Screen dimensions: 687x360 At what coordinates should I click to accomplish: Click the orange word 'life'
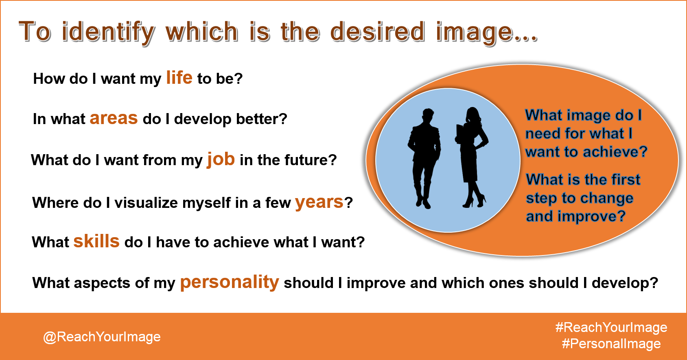click(x=179, y=77)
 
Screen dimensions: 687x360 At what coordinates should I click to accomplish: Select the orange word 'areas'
click(x=114, y=118)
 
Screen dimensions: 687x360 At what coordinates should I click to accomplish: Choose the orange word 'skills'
click(x=96, y=241)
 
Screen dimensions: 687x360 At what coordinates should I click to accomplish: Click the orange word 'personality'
click(x=230, y=282)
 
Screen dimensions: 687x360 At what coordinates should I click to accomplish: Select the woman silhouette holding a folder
click(x=472, y=157)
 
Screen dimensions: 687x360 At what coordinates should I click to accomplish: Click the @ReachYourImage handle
click(x=102, y=337)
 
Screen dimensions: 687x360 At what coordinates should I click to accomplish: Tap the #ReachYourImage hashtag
click(x=611, y=327)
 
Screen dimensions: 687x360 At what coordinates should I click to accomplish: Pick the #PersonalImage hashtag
click(x=611, y=343)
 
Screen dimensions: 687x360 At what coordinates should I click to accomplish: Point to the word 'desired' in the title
click(x=377, y=31)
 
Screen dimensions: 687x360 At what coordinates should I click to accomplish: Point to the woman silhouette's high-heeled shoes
click(x=474, y=202)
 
